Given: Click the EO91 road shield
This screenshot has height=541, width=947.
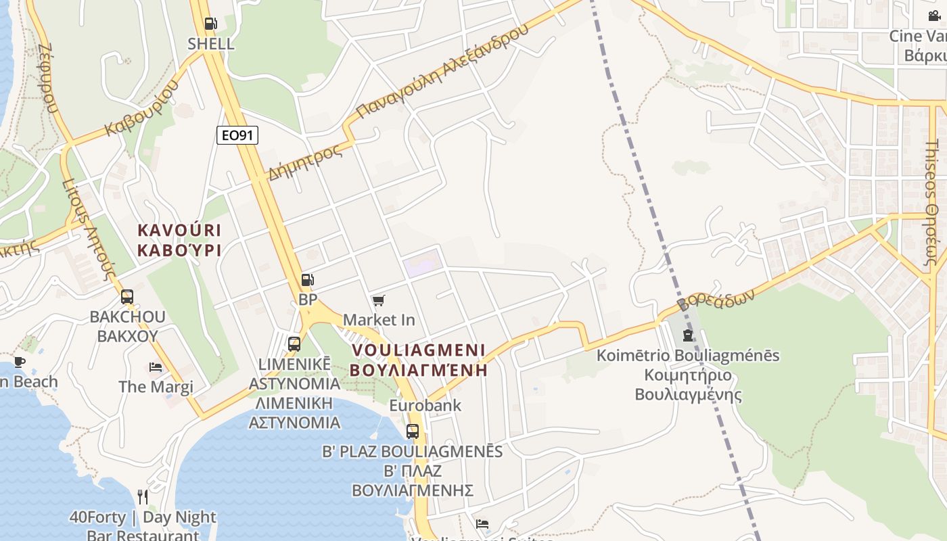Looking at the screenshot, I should pos(237,135).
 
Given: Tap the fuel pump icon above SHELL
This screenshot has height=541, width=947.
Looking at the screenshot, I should pos(210,24).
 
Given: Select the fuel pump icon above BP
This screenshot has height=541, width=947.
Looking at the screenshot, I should pos(307,279).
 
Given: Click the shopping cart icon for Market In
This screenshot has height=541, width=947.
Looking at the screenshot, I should pos(379,300).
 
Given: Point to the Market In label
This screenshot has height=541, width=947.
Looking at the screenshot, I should pos(379,319).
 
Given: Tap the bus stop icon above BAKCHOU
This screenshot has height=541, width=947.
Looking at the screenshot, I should pos(127,296).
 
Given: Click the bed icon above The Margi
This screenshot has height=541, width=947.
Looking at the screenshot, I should pos(156,367).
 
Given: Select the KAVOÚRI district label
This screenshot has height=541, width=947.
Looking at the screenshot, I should pos(179,231).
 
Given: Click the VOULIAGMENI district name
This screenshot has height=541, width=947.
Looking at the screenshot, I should pos(419,350).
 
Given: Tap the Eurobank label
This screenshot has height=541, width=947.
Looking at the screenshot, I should pos(425,406).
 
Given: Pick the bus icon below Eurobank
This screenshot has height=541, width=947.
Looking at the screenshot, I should pos(412,431).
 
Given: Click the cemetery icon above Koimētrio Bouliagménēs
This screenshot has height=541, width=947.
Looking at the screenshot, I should pos(688,335).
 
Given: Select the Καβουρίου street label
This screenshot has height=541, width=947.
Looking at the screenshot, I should pos(143,108).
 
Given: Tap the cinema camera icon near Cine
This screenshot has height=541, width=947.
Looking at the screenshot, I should pos(934,16).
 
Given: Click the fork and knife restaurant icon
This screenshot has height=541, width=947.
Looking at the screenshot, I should pos(143,497).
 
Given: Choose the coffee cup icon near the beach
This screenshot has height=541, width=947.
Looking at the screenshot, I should pos(20,362).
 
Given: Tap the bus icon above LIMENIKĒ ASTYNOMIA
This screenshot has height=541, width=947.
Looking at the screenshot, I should pos(294,344).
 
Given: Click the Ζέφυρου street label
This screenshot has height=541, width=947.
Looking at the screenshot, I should pos(48,78).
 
